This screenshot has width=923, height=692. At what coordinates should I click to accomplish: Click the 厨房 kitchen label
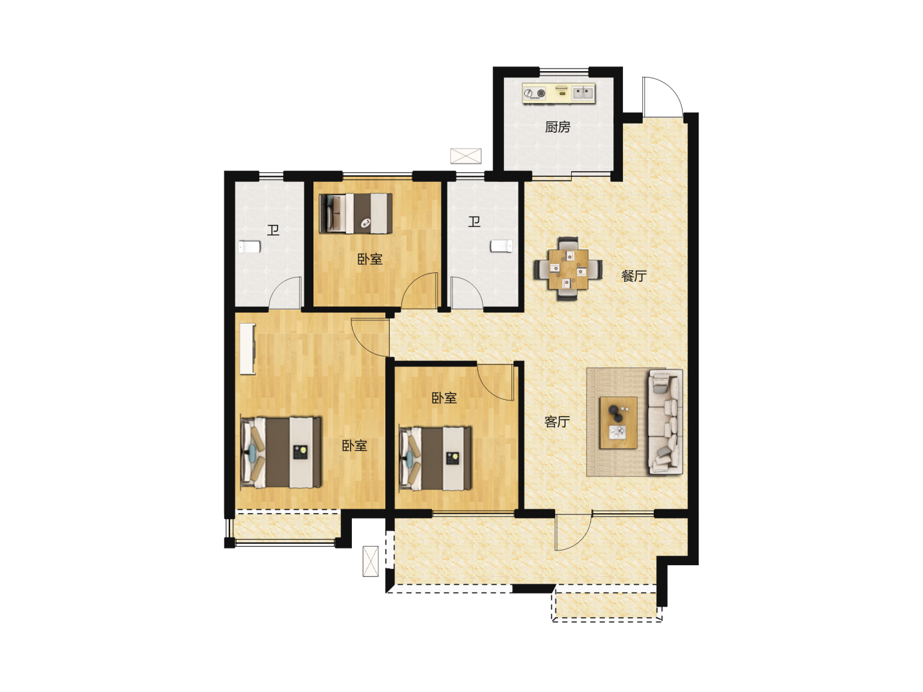(558, 127)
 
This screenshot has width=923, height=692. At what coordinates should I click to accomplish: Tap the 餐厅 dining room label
(634, 276)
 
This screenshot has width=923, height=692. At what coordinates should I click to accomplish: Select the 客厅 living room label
(557, 422)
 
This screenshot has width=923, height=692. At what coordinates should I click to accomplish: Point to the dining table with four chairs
(568, 269)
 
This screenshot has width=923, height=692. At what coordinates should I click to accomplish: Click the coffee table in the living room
(618, 423)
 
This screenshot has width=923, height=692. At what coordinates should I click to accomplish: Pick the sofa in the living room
(665, 422)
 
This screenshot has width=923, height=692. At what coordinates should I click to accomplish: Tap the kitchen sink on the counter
(583, 93)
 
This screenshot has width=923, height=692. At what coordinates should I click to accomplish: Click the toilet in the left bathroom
(249, 247)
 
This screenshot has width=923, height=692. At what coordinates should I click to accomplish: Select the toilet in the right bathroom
(502, 246)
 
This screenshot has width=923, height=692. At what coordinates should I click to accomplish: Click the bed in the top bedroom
(356, 213)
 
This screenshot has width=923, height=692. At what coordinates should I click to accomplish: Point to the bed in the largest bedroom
(281, 452)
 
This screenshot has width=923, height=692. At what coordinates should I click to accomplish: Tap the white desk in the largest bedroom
(247, 349)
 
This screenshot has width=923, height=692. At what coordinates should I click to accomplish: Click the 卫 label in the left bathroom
(273, 230)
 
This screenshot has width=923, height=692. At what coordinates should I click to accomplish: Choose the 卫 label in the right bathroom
(474, 222)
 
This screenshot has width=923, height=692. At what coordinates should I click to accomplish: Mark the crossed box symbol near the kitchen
(465, 156)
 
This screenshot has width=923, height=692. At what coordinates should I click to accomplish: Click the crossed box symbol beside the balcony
(370, 561)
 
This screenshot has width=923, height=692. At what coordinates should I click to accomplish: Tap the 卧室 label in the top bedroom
(370, 259)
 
